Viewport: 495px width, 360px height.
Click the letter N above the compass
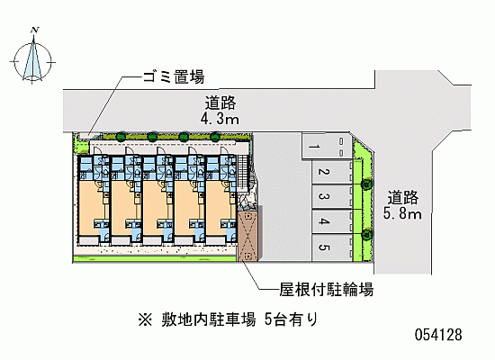point(35,31)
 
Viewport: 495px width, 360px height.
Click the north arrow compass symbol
point(32,60)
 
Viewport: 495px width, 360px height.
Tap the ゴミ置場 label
point(174,76)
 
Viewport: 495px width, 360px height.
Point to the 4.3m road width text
point(220,119)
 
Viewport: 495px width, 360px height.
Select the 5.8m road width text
point(402,213)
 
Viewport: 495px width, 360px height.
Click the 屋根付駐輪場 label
point(326,289)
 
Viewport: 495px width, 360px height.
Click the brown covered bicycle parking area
point(247,234)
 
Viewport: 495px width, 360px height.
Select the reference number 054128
point(438,335)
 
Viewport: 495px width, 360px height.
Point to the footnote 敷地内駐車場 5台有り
point(228,319)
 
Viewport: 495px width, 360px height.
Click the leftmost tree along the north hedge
point(121,137)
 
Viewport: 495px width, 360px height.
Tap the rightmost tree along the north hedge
point(215,137)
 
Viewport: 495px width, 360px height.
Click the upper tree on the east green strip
point(366,184)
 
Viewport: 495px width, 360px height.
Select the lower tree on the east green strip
point(366,234)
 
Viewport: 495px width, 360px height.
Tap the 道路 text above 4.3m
point(220,103)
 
